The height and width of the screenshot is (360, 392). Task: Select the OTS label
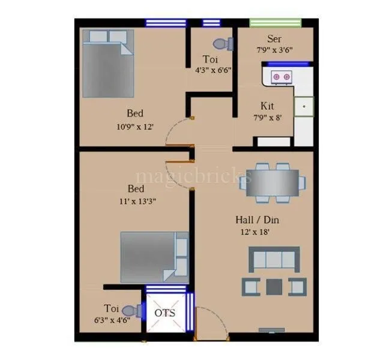tap(165, 313)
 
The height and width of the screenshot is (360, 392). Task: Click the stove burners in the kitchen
tap(281, 76)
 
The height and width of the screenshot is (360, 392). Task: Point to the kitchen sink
tap(304, 107)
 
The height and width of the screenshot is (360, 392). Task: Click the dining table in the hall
tap(273, 182)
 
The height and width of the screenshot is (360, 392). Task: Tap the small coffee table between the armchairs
tap(273, 286)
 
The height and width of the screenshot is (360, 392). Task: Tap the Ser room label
tap(274, 39)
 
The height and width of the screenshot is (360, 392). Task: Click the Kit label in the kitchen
tap(267, 105)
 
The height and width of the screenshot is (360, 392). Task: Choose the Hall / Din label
tap(257, 220)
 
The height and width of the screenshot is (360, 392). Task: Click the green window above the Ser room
tap(274, 23)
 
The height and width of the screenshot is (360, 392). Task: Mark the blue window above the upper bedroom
tap(165, 23)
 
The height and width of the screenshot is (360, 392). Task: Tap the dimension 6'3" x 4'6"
tap(111, 320)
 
